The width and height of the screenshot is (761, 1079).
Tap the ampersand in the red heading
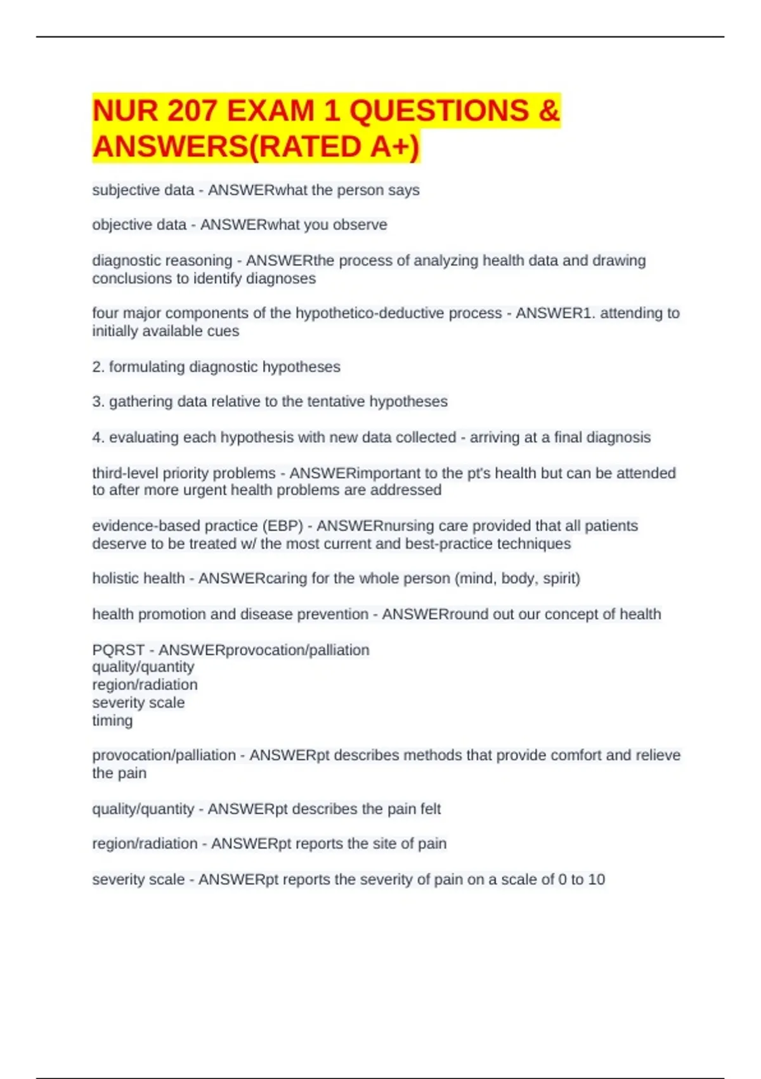pyautogui.click(x=549, y=111)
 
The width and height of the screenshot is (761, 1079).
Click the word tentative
pyautogui.click(x=335, y=402)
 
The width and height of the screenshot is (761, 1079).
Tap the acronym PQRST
pyautogui.click(x=118, y=651)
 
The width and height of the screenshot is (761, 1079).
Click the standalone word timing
pyautogui.click(x=112, y=721)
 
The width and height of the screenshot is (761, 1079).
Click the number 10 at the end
pyautogui.click(x=596, y=880)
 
